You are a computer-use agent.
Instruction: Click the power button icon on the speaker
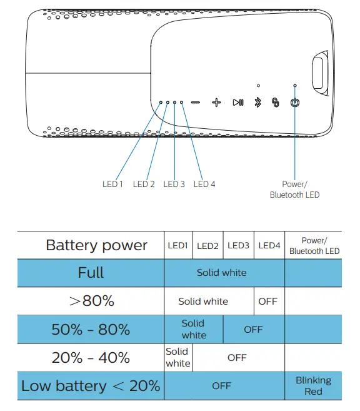click(x=295, y=103)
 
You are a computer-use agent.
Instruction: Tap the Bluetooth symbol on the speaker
click(x=257, y=103)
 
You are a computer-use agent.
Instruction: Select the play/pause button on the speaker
click(x=238, y=103)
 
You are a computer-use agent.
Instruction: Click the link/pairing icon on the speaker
click(x=275, y=103)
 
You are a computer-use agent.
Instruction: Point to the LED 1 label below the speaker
click(x=112, y=184)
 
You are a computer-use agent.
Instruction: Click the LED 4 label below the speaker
click(x=204, y=184)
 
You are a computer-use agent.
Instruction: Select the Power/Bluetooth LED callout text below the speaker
click(x=294, y=190)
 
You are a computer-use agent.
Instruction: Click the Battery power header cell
click(x=96, y=245)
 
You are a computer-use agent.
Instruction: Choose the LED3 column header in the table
click(x=238, y=246)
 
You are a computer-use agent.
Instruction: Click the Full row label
click(x=91, y=273)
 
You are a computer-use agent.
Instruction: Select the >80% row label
click(x=91, y=301)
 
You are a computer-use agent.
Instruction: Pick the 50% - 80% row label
click(x=91, y=329)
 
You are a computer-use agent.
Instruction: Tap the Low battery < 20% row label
click(x=91, y=386)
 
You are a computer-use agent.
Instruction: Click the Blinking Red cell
click(x=313, y=386)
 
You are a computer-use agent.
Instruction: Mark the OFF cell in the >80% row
click(x=267, y=302)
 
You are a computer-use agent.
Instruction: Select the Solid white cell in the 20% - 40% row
click(x=178, y=358)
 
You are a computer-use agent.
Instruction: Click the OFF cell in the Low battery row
click(x=222, y=386)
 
